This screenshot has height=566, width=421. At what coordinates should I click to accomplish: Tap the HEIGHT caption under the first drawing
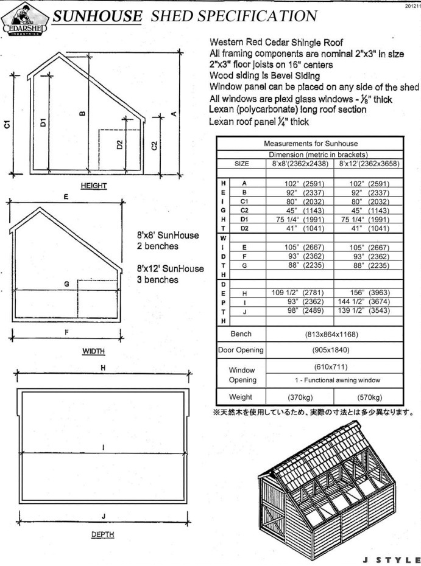pyautogui.click(x=94, y=186)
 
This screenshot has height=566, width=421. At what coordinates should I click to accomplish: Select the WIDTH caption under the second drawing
pyautogui.click(x=93, y=351)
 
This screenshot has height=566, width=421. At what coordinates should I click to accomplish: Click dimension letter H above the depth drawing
pyautogui.click(x=103, y=368)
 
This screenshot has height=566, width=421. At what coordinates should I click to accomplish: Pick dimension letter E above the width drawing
pyautogui.click(x=65, y=197)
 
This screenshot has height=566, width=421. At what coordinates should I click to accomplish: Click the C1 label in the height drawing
pyautogui.click(x=7, y=125)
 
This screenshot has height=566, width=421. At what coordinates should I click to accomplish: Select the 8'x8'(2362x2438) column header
pyautogui.click(x=299, y=164)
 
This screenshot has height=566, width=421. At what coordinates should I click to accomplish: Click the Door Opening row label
pyautogui.click(x=241, y=350)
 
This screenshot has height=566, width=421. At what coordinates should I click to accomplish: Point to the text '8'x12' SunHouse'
pyautogui.click(x=170, y=268)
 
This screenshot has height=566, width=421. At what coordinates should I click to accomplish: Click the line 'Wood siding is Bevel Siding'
pyautogui.click(x=264, y=75)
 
